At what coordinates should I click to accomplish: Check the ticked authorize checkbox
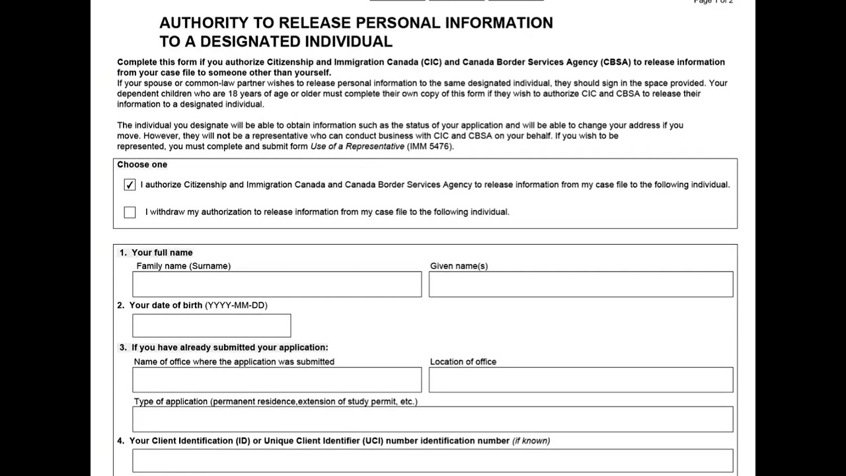(x=130, y=185)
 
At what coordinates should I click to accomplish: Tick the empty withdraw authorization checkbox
(x=130, y=212)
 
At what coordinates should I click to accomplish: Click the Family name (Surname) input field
(x=276, y=284)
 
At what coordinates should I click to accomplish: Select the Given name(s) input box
(x=580, y=284)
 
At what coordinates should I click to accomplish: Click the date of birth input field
(x=211, y=325)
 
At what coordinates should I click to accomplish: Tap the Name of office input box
(x=276, y=380)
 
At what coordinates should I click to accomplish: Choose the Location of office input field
(x=580, y=380)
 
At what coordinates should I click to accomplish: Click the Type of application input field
(x=432, y=419)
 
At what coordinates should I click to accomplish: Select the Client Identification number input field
(x=432, y=461)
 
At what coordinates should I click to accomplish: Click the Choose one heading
(x=142, y=165)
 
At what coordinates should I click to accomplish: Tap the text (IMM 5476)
(x=430, y=146)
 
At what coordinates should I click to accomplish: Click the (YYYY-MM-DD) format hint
(x=236, y=305)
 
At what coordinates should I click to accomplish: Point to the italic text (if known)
(x=531, y=441)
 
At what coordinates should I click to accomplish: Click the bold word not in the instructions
(x=223, y=136)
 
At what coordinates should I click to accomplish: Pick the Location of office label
(x=463, y=362)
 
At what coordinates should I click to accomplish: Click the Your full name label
(x=162, y=253)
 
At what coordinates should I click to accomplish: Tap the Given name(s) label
(x=459, y=266)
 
